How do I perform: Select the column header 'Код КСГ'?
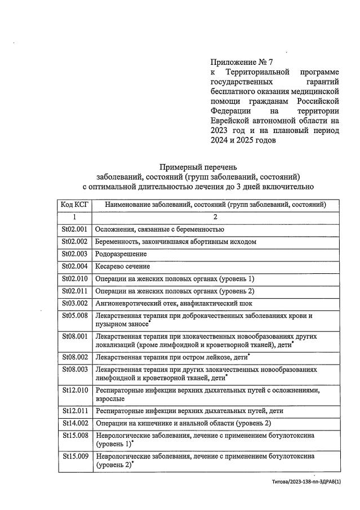(x=74, y=205)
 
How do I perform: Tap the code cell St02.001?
(x=74, y=229)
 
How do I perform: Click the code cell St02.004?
(x=74, y=267)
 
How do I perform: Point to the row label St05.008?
(x=74, y=316)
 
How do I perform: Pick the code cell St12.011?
(x=74, y=411)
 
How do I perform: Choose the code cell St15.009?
(x=74, y=456)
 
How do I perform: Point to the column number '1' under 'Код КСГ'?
(x=74, y=217)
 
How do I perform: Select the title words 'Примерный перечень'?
(x=198, y=167)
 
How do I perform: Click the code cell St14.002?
(x=74, y=423)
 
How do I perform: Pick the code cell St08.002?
(x=74, y=357)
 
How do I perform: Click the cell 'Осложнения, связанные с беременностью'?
(x=160, y=229)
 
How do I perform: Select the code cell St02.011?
(x=74, y=291)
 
